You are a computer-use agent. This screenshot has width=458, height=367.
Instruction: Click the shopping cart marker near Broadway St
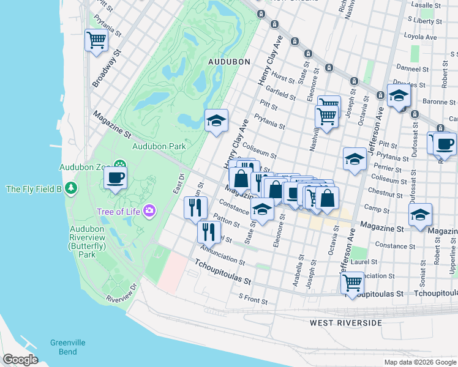click(x=96, y=41)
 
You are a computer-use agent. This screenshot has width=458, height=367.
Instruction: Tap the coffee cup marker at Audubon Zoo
click(x=114, y=178)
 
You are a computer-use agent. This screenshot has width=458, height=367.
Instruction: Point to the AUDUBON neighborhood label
click(x=229, y=62)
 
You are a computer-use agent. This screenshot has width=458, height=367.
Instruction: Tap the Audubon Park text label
click(x=159, y=146)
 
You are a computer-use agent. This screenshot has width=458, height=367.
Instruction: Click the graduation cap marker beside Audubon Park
click(x=216, y=120)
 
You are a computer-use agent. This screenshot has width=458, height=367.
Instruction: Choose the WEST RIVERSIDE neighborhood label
click(x=345, y=322)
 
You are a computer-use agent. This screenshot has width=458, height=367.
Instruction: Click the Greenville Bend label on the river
click(x=64, y=347)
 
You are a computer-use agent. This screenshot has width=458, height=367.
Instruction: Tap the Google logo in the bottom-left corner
click(x=20, y=360)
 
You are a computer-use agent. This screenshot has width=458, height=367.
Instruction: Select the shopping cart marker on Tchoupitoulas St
click(x=352, y=283)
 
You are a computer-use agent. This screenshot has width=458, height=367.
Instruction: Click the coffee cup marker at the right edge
click(x=445, y=144)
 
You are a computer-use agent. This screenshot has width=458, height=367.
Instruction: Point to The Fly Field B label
click(x=34, y=188)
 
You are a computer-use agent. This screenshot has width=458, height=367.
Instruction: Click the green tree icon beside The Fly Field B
click(x=72, y=187)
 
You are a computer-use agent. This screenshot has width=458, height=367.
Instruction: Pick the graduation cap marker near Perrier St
click(x=355, y=160)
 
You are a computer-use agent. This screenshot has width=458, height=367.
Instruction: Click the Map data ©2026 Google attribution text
click(x=419, y=362)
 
